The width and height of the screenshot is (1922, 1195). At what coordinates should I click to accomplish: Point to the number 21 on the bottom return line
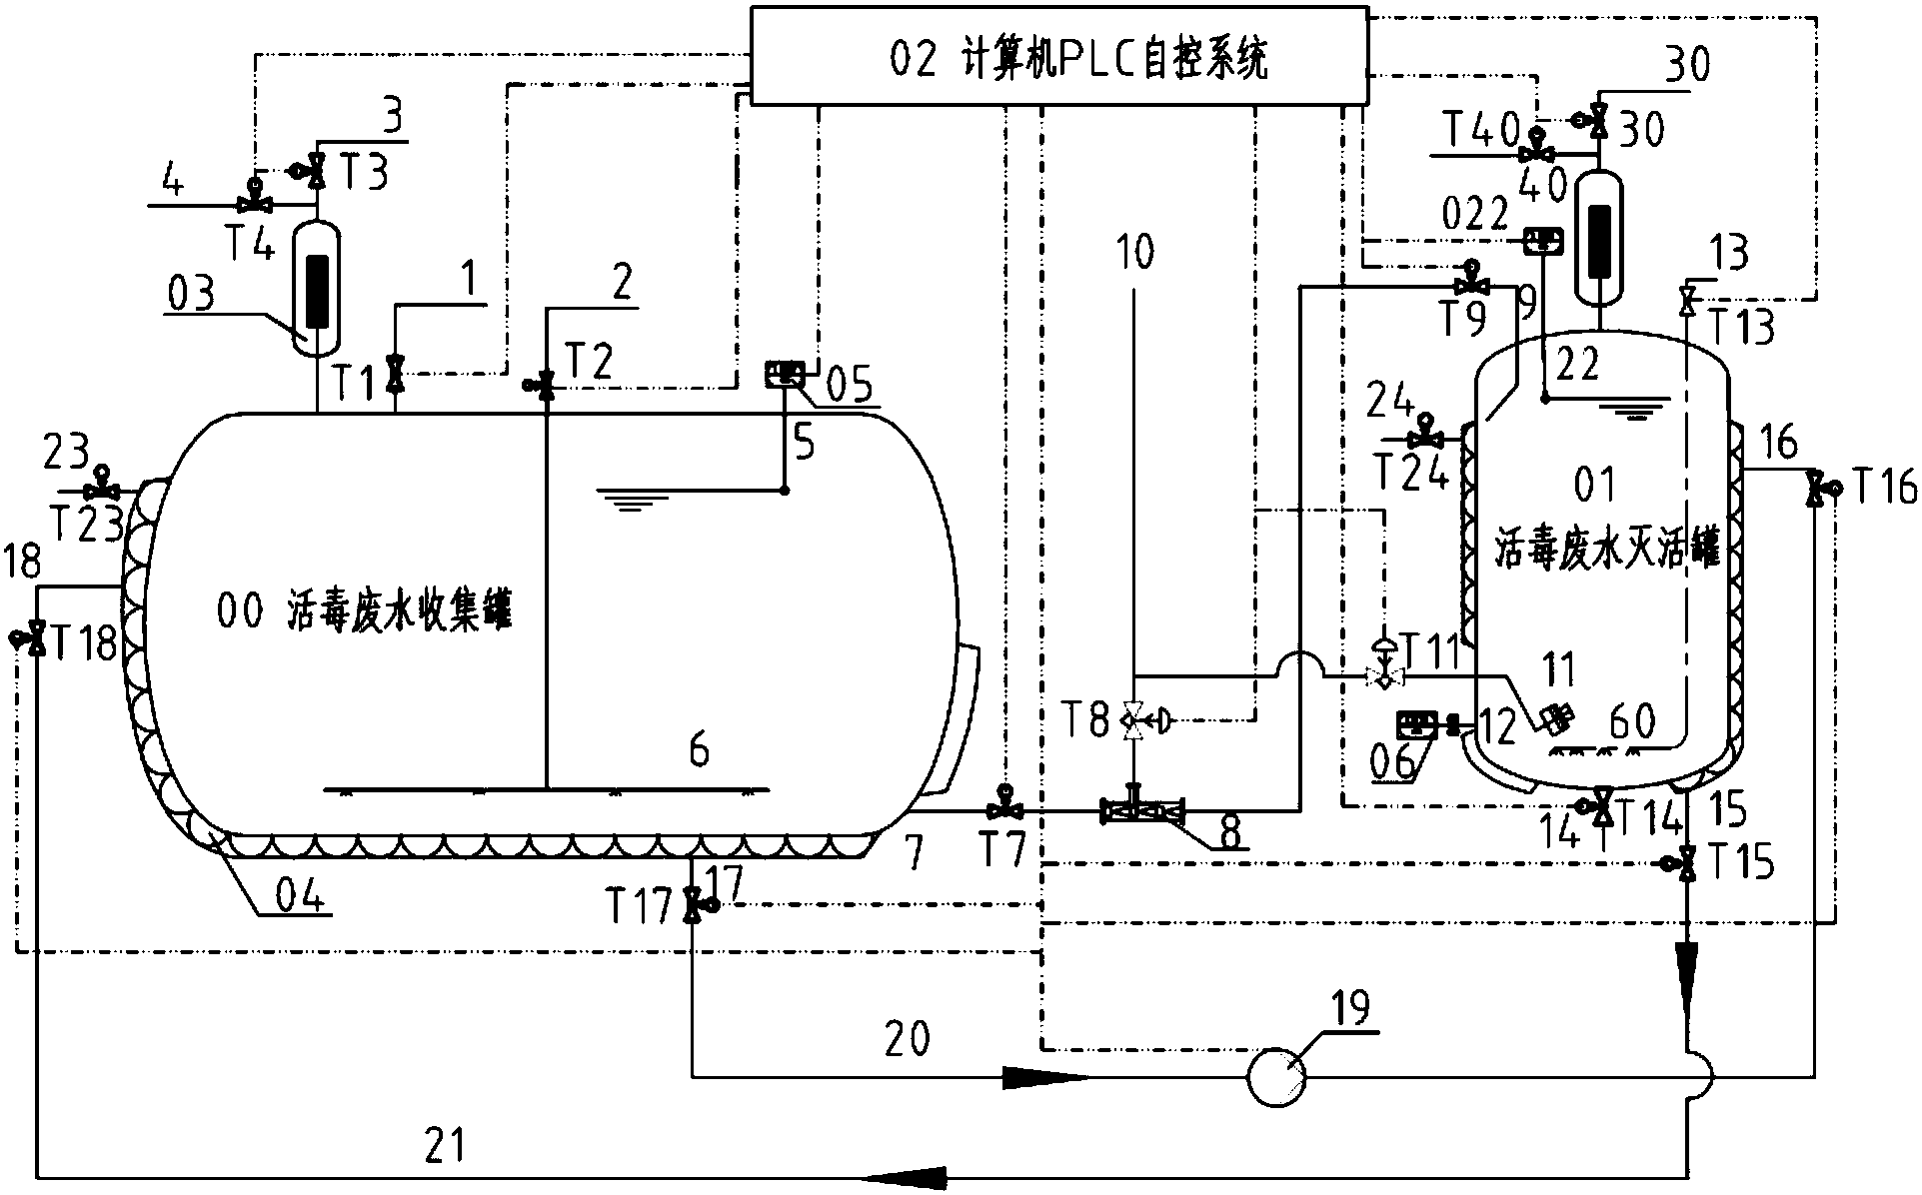446,1143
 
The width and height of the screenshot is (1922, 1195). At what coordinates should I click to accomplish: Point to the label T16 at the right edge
1885,489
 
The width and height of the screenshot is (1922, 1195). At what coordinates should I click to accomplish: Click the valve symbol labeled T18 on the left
36,637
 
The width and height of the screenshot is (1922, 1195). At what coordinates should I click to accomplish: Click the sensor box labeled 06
1416,723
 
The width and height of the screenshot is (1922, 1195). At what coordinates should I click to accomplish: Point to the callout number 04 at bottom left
301,897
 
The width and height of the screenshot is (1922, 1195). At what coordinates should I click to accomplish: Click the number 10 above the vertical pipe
1133,254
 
